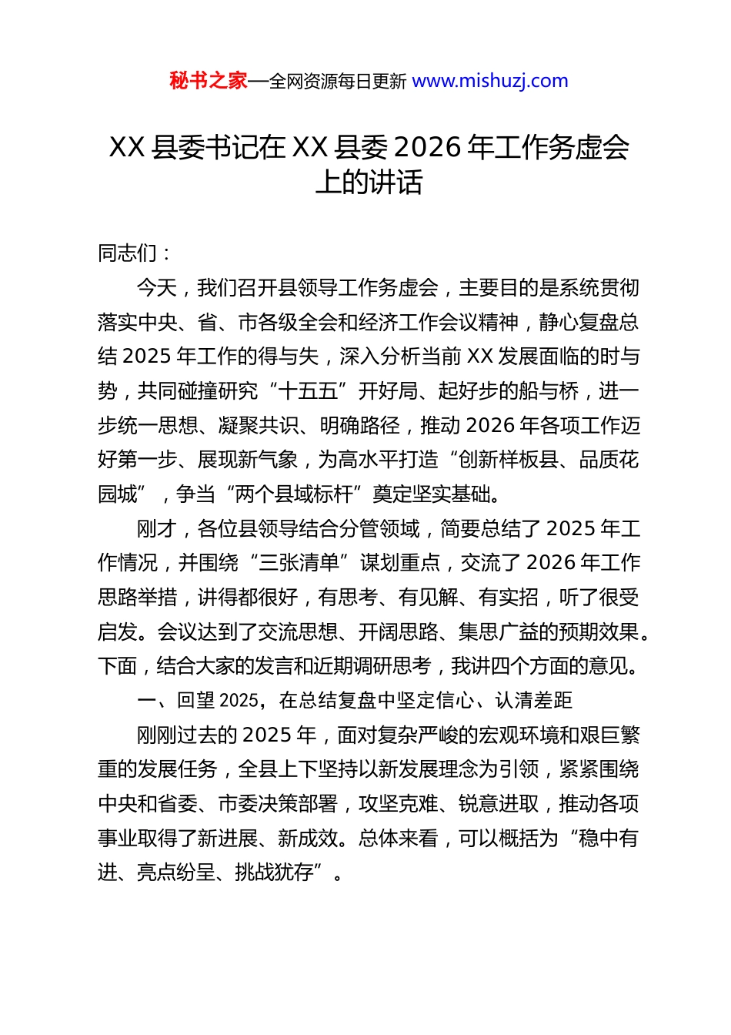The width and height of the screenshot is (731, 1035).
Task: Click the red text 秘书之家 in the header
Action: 209,81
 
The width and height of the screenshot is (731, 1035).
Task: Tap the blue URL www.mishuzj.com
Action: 490,81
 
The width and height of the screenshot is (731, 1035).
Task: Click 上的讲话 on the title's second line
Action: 369,183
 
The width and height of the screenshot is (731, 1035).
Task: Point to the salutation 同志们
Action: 127,253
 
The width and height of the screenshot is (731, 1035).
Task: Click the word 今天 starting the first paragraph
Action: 156,288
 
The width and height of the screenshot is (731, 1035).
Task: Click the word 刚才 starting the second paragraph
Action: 156,529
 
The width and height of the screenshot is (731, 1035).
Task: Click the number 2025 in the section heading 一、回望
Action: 239,700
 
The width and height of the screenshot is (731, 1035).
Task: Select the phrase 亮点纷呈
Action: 177,872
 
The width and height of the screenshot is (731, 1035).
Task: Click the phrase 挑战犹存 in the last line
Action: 275,872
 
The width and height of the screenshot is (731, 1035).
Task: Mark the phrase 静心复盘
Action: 578,323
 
